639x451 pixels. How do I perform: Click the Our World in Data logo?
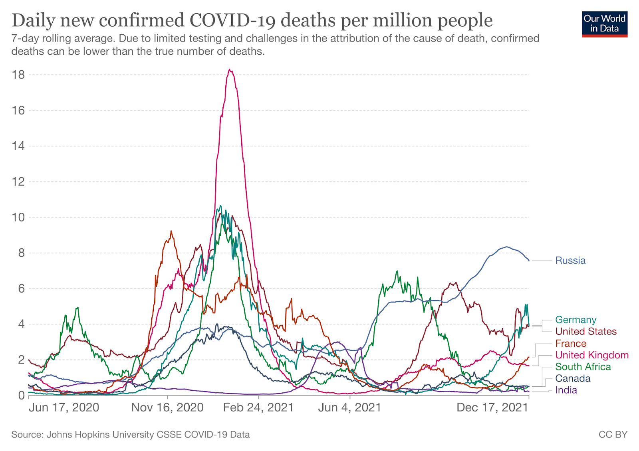604,24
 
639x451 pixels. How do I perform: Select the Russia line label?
570,261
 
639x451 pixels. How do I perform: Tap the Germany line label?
575,320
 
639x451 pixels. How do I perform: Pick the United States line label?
586,331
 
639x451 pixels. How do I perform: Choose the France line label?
571,343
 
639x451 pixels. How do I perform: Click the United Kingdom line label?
592,355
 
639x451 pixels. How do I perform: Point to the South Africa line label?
583,366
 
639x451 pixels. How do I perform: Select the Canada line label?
573,378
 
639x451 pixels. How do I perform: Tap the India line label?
566,390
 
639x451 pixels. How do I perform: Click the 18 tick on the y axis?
18,75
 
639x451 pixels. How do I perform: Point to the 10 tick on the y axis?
18,218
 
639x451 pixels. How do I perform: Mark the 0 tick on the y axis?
21,396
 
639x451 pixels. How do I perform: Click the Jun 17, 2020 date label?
64,407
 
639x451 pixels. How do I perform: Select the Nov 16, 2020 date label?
167,407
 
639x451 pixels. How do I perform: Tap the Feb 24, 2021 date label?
258,407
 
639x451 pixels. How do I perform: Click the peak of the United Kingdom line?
230,70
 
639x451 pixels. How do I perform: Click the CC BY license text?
613,435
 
